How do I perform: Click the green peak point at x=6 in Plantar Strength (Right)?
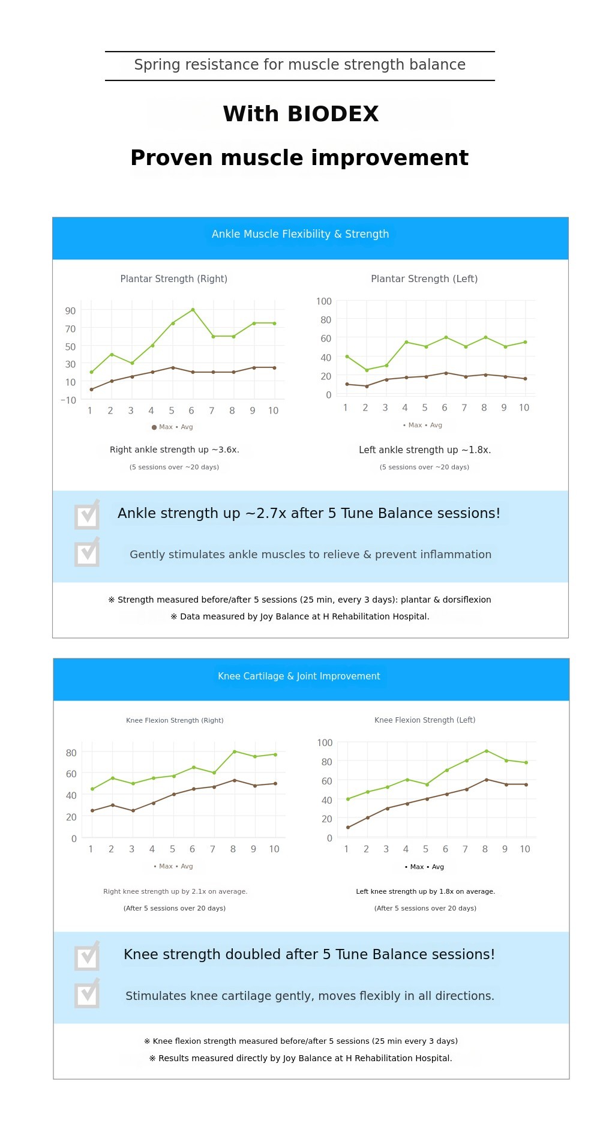pyautogui.click(x=193, y=310)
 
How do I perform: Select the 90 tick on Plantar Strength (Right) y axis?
pyautogui.click(x=71, y=311)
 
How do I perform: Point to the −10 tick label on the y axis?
pyautogui.click(x=68, y=400)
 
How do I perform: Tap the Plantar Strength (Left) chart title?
pyautogui.click(x=424, y=279)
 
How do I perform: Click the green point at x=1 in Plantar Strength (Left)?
pyautogui.click(x=347, y=357)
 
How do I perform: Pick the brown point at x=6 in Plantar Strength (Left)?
pyautogui.click(x=446, y=373)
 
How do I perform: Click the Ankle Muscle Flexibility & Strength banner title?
pyautogui.click(x=300, y=234)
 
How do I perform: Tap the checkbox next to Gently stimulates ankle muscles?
pyautogui.click(x=87, y=553)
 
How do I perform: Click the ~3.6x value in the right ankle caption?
pyautogui.click(x=225, y=450)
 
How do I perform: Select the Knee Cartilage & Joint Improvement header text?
pyautogui.click(x=299, y=676)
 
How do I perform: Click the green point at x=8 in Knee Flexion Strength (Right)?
pyautogui.click(x=235, y=751)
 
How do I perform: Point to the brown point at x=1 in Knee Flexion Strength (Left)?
pyautogui.click(x=348, y=828)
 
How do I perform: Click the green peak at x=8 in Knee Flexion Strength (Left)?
pyautogui.click(x=487, y=751)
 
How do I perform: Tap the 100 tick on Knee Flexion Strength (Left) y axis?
pyautogui.click(x=325, y=743)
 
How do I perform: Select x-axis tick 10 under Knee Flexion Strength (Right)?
pyautogui.click(x=274, y=849)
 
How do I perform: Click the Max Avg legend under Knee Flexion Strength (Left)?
pyautogui.click(x=424, y=867)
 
